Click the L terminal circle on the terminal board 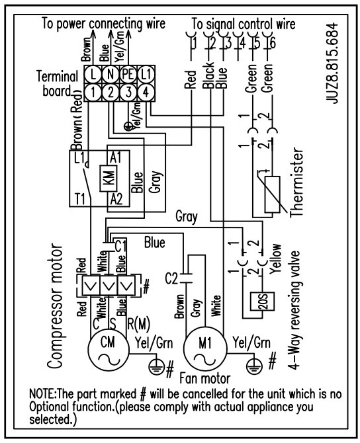click(93, 74)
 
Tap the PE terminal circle click(128, 74)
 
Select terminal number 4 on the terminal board click(146, 92)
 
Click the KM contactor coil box click(108, 178)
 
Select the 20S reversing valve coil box click(263, 302)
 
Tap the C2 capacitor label click(171, 279)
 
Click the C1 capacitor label click(120, 247)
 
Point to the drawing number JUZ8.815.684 click(332, 63)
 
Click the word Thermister click(296, 182)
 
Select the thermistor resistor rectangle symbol click(273, 194)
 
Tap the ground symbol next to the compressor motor click(156, 366)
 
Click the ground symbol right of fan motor click(255, 366)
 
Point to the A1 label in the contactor click(115, 157)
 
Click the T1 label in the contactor click(80, 199)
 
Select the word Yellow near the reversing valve click(275, 259)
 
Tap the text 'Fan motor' click(205, 379)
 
